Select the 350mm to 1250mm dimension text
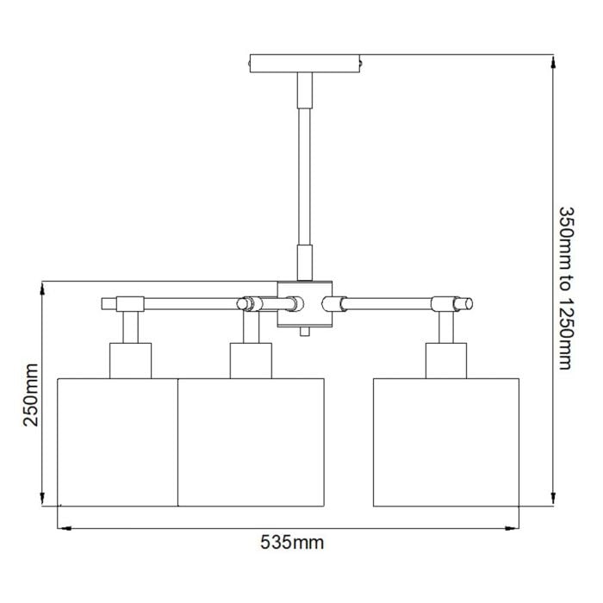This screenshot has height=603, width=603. click(565, 288)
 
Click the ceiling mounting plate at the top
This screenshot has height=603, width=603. click(305, 63)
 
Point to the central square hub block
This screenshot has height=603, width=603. click(305, 303)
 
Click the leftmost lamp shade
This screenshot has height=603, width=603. click(117, 441)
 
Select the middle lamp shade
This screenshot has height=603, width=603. click(250, 441)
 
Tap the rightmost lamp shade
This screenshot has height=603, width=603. click(445, 441)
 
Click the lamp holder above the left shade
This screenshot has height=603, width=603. click(131, 360)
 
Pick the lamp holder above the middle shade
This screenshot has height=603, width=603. click(251, 360)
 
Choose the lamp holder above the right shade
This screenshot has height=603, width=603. click(446, 360)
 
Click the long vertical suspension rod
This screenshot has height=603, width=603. click(305, 172)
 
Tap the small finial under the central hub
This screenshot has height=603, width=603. click(305, 332)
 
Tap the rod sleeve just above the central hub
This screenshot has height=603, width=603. click(305, 262)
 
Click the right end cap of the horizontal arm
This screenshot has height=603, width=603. click(465, 303)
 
